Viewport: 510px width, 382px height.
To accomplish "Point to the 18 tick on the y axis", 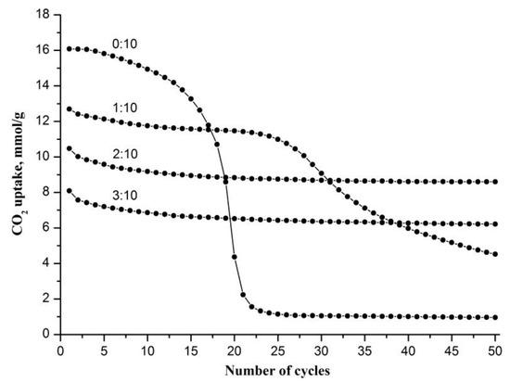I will click(x=40, y=14).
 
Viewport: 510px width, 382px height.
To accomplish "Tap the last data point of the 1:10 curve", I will click(x=498, y=254).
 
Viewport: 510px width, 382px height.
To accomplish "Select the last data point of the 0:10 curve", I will click(x=498, y=317).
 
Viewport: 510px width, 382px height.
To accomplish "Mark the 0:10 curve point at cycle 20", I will click(x=235, y=257).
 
